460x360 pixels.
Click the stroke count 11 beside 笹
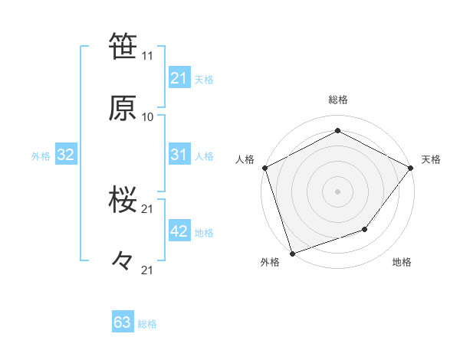(x=148, y=56)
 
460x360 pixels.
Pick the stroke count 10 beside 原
(x=148, y=116)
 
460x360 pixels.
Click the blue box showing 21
(x=179, y=78)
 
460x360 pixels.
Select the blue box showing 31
(x=179, y=155)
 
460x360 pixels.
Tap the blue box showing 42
(x=179, y=231)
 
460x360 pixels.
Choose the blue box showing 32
(x=65, y=155)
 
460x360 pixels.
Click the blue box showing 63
(x=123, y=322)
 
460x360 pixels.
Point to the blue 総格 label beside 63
(x=147, y=324)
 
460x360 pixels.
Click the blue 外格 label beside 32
(x=41, y=156)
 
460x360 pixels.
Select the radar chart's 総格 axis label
(x=338, y=100)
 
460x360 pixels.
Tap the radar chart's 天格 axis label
(x=431, y=159)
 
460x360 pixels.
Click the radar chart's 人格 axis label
(x=245, y=159)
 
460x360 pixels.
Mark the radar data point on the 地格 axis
(x=365, y=229)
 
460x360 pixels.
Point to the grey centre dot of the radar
(x=337, y=191)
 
